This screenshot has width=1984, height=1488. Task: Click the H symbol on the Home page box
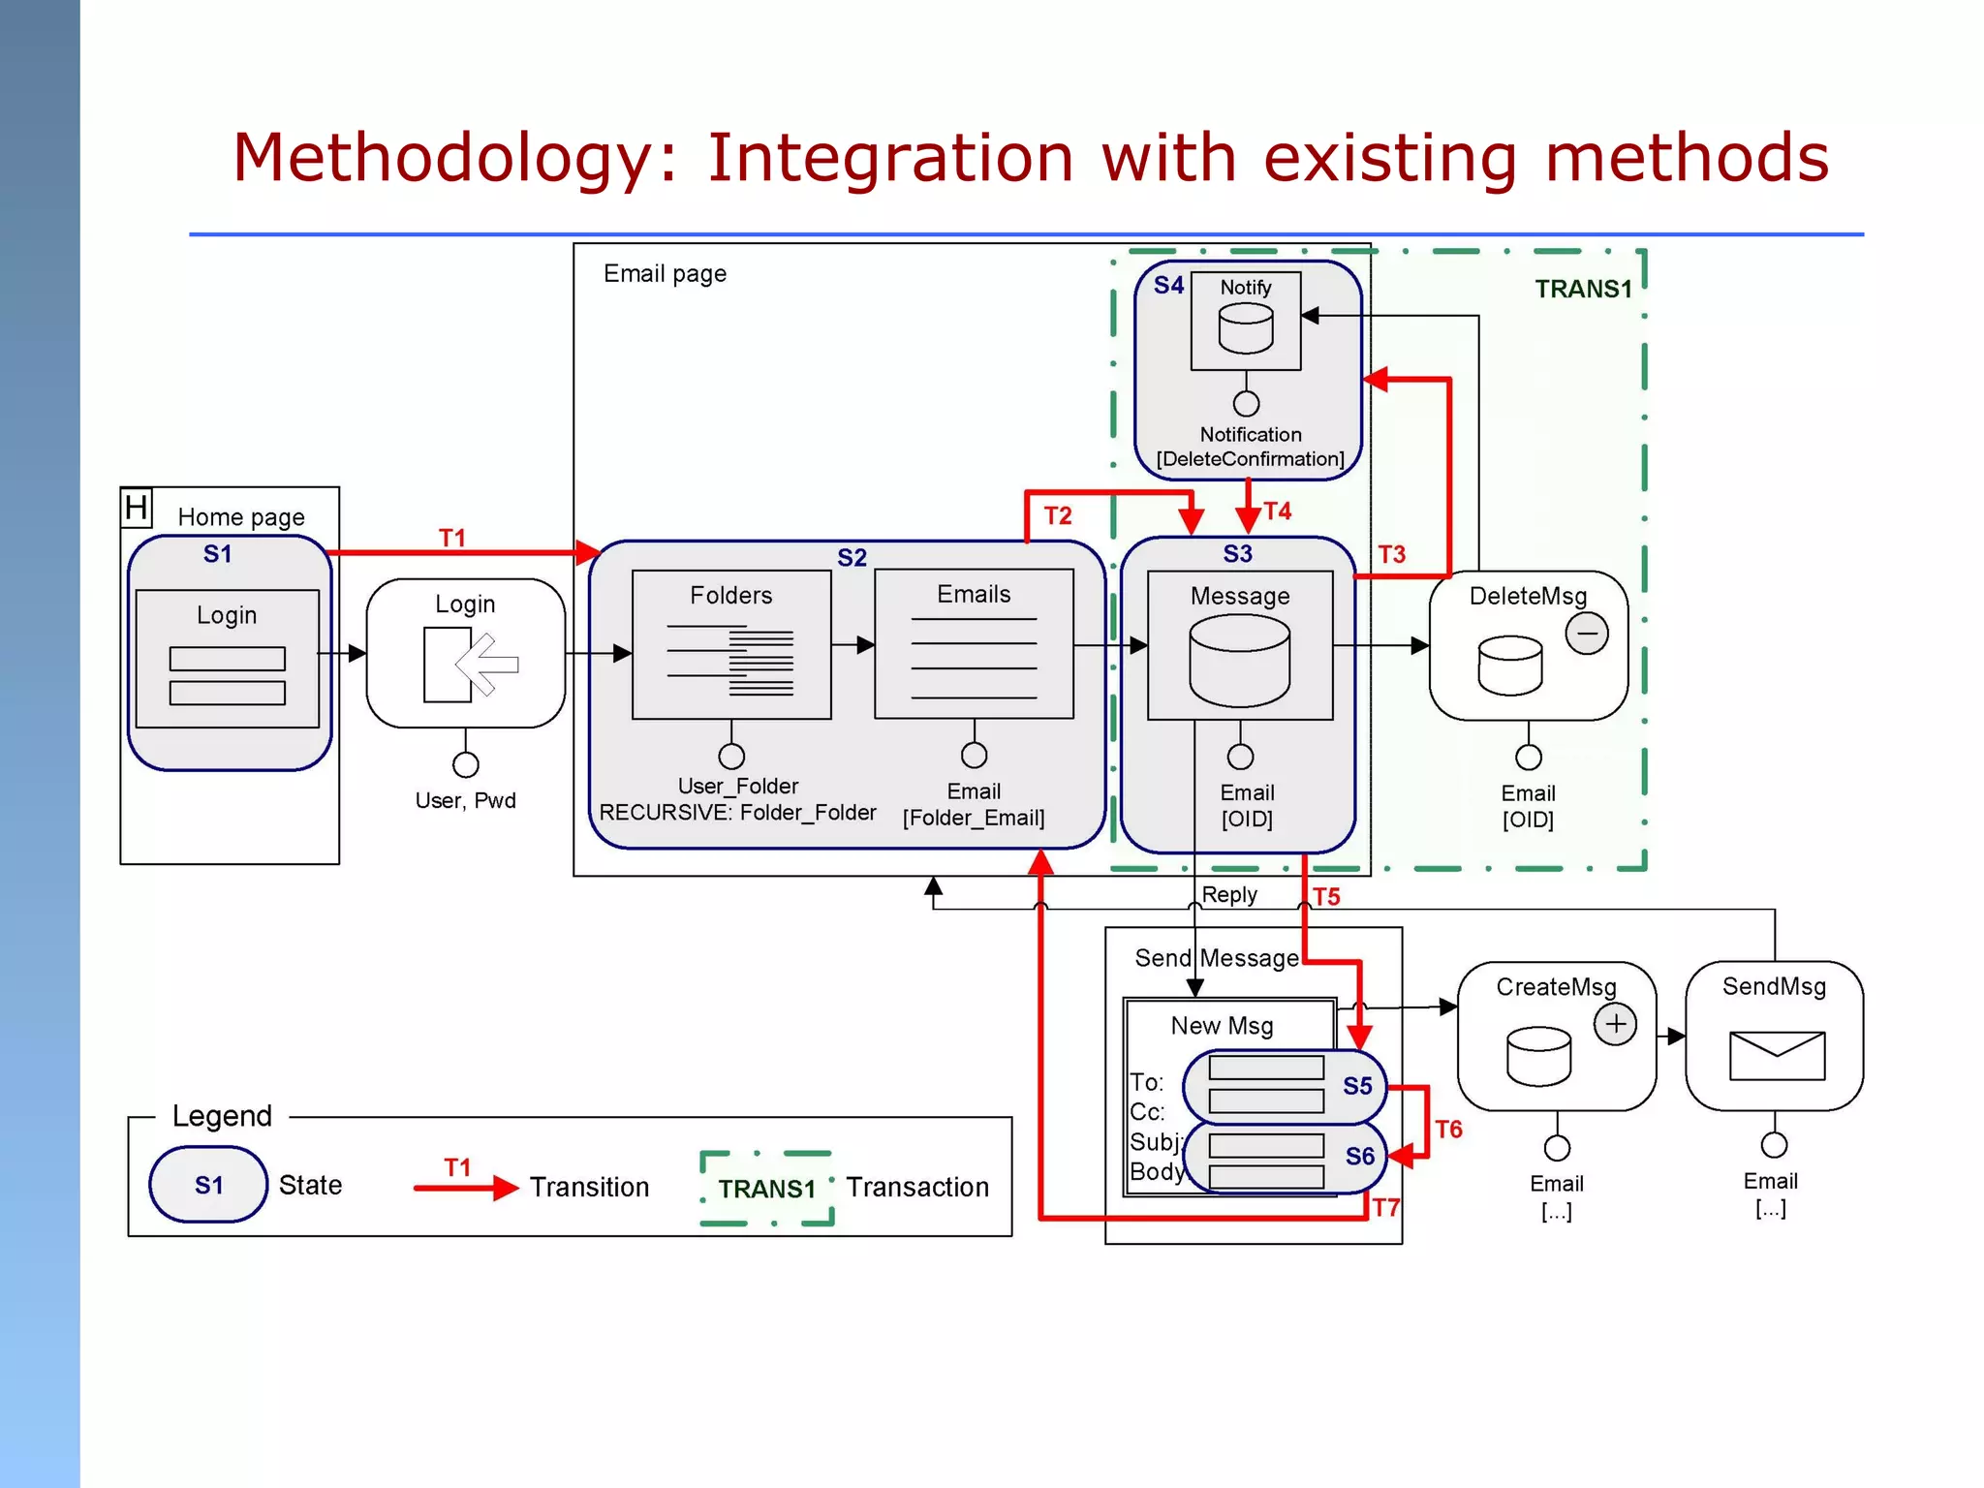pyautogui.click(x=137, y=508)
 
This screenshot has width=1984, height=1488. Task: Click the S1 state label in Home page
pyautogui.click(x=217, y=554)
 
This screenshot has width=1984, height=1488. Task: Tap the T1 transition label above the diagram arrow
pyautogui.click(x=452, y=538)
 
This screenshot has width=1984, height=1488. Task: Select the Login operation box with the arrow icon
pyautogui.click(x=465, y=653)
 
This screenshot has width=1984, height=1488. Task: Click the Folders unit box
pyautogui.click(x=731, y=643)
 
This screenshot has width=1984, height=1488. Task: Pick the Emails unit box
pyautogui.click(x=974, y=643)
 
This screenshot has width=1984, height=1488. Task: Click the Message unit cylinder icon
pyautogui.click(x=1239, y=661)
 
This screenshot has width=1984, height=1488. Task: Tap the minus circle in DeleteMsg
pyautogui.click(x=1587, y=634)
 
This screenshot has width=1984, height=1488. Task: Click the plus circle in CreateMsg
pyautogui.click(x=1615, y=1024)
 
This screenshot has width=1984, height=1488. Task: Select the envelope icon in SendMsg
pyautogui.click(x=1777, y=1055)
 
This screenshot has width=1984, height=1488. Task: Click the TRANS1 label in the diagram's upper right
pyautogui.click(x=1583, y=289)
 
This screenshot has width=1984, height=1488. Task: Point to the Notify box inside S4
pyautogui.click(x=1246, y=320)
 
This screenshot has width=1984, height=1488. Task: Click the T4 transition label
pyautogui.click(x=1278, y=511)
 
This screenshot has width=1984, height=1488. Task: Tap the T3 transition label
pyautogui.click(x=1391, y=554)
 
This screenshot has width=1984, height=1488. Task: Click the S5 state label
pyautogui.click(x=1357, y=1086)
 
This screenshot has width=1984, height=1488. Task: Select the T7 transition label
pyautogui.click(x=1385, y=1207)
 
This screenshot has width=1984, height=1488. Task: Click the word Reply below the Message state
pyautogui.click(x=1229, y=894)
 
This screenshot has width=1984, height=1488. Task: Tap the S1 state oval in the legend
pyautogui.click(x=208, y=1184)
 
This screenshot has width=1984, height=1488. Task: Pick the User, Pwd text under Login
pyautogui.click(x=465, y=800)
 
